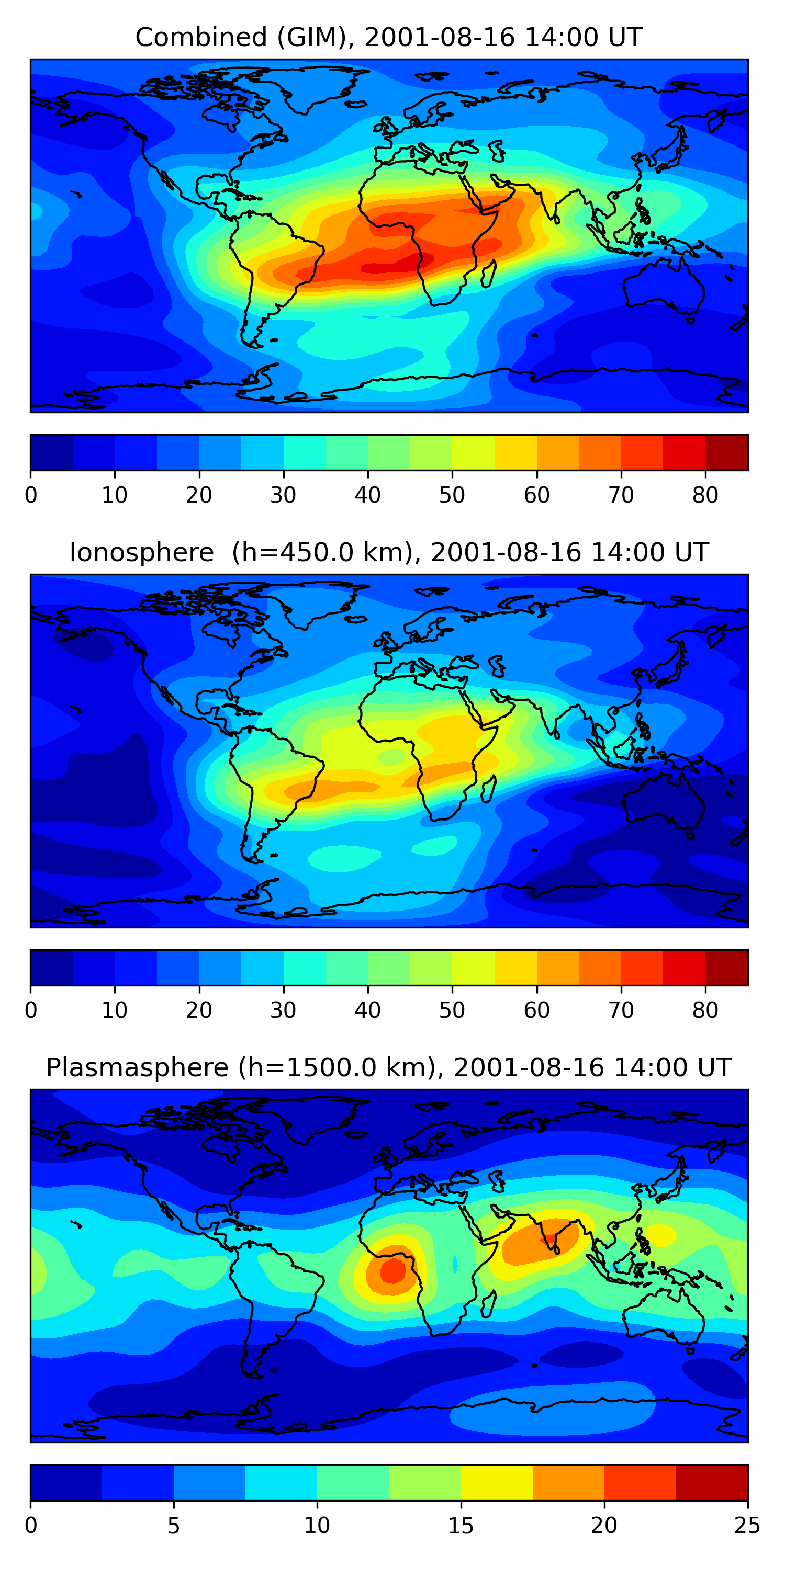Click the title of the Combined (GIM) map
pyautogui.click(x=389, y=37)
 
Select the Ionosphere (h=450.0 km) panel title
pyautogui.click(x=389, y=552)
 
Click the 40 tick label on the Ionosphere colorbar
pyautogui.click(x=367, y=1010)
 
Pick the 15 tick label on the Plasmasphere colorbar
pyautogui.click(x=461, y=1525)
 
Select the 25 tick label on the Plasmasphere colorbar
pyautogui.click(x=747, y=1525)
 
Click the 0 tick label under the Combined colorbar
pyautogui.click(x=31, y=495)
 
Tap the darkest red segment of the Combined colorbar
pyautogui.click(x=726, y=452)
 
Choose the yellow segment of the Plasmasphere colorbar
pyautogui.click(x=497, y=1483)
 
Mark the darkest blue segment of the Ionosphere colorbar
pyautogui.click(x=52, y=967)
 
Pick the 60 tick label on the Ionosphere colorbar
pyautogui.click(x=536, y=1010)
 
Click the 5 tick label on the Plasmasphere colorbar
pyautogui.click(x=174, y=1525)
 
